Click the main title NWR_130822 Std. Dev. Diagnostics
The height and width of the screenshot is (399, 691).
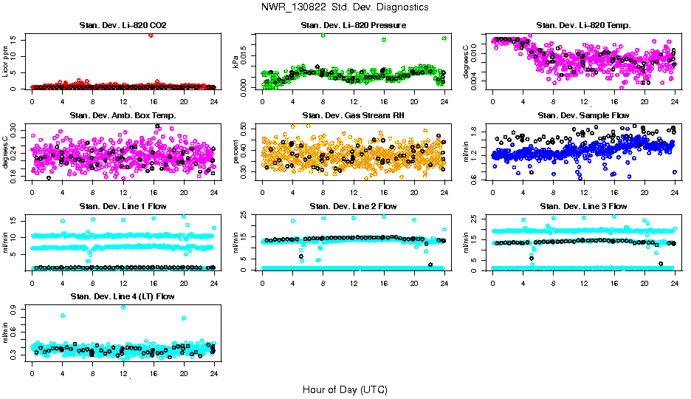[x=345, y=7]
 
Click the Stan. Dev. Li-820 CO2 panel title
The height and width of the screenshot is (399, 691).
[x=123, y=26]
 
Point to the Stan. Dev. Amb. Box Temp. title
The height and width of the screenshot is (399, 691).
[x=123, y=116]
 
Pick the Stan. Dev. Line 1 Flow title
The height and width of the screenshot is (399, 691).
[x=123, y=206]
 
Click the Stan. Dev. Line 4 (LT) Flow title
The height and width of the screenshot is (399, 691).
[x=123, y=296]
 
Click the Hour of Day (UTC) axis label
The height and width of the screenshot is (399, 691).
[x=345, y=389]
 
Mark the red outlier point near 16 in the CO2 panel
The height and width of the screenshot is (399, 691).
[x=151, y=35]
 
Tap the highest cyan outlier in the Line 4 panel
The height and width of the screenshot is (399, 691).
[x=123, y=307]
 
